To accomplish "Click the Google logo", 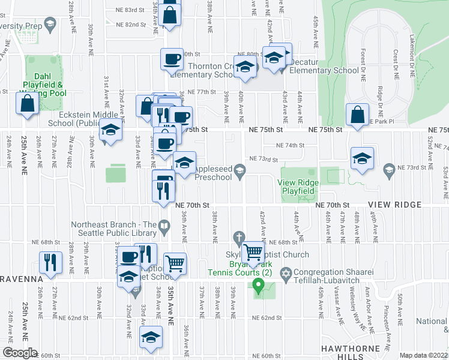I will pos(19,353).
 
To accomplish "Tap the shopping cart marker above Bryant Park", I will pos(253,251).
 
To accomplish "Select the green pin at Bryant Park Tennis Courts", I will pos(259,286).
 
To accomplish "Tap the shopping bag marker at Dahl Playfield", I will pos(28,103).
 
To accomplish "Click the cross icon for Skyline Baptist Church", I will pos(239,237).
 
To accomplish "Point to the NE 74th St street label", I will pos(291,145).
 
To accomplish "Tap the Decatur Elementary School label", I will pos(324,70).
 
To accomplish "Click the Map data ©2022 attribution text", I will pos(423,355).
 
